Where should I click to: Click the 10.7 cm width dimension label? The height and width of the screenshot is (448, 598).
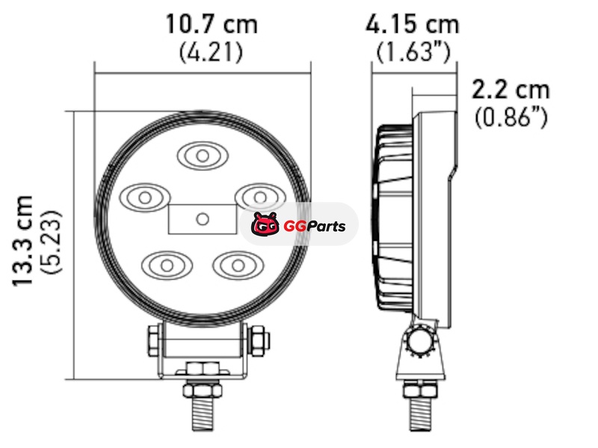pyautogui.click(x=212, y=25)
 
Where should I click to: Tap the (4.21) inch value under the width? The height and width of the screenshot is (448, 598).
pyautogui.click(x=211, y=52)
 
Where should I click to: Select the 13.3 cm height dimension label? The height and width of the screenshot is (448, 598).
pyautogui.click(x=22, y=241)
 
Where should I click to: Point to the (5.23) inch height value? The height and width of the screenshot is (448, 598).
pyautogui.click(x=50, y=242)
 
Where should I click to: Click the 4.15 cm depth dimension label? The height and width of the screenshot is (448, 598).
pyautogui.click(x=413, y=25)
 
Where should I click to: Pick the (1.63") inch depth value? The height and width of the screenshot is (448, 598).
pyautogui.click(x=414, y=52)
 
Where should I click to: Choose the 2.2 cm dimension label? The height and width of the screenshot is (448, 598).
pyautogui.click(x=511, y=90)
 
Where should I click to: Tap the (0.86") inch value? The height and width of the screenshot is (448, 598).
pyautogui.click(x=511, y=117)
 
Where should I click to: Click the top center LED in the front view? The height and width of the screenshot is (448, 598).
pyautogui.click(x=203, y=156)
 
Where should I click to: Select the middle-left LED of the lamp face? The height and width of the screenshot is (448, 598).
pyautogui.click(x=145, y=197)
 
